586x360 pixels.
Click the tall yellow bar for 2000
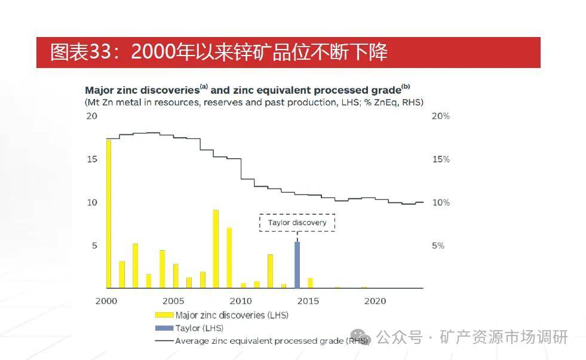pyautogui.click(x=108, y=213)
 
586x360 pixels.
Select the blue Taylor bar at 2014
pyautogui.click(x=297, y=264)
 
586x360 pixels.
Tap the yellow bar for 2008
pyautogui.click(x=216, y=248)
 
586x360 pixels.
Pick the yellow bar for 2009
pyautogui.click(x=229, y=257)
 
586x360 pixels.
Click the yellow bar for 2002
pyautogui.click(x=135, y=265)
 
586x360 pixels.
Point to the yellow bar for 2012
pyautogui.click(x=270, y=270)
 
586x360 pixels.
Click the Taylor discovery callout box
pyautogui.click(x=297, y=223)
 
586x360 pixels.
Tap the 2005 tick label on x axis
pyautogui.click(x=173, y=301)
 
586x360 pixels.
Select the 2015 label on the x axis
pyautogui.click(x=308, y=301)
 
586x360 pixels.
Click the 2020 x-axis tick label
pyautogui.click(x=376, y=301)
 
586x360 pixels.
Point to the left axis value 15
pyautogui.click(x=91, y=159)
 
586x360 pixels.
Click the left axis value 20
pyautogui.click(x=91, y=116)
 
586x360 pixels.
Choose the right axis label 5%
pyautogui.click(x=438, y=246)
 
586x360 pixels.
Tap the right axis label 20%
pyautogui.click(x=440, y=116)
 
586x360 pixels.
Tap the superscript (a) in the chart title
pyautogui.click(x=204, y=87)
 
